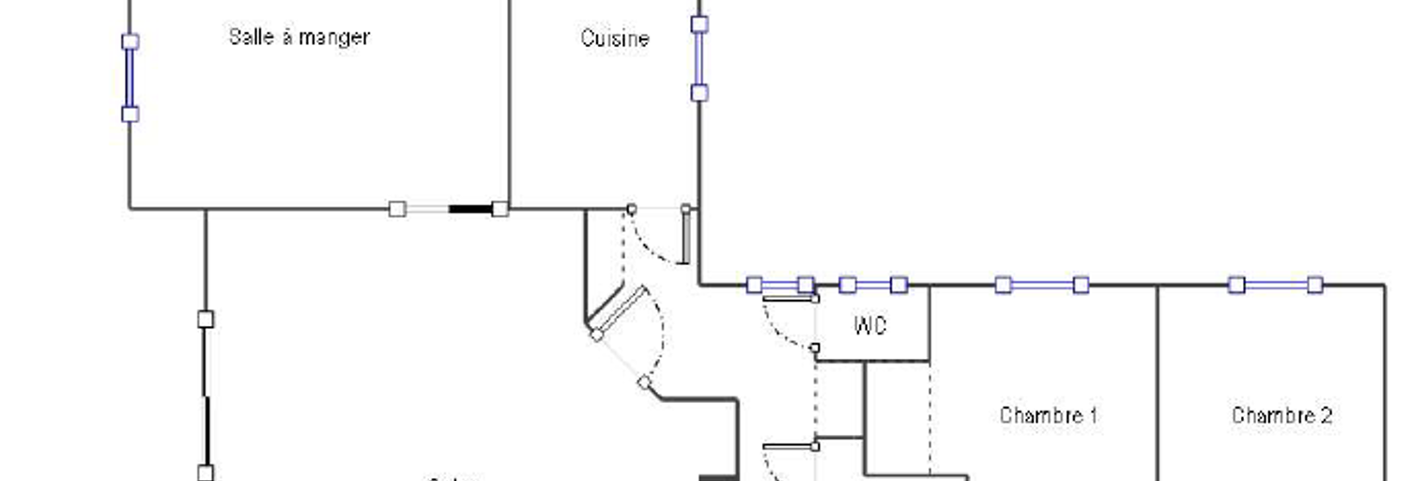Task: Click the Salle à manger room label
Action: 299,38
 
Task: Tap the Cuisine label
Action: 615,39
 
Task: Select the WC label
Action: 870,326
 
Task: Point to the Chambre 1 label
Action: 1048,415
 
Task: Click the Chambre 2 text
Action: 1282,415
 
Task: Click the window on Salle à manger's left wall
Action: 130,78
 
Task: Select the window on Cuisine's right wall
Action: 699,58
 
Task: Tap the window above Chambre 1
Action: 1042,285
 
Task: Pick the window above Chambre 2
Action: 1276,285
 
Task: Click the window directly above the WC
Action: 873,285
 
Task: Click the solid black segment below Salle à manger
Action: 470,209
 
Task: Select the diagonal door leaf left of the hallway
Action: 621,310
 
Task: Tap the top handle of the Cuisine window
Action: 699,24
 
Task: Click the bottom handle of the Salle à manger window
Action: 130,114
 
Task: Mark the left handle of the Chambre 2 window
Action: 1237,285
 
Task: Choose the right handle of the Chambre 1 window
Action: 1081,285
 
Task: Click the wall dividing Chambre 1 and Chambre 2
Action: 1158,376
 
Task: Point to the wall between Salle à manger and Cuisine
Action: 510,103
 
